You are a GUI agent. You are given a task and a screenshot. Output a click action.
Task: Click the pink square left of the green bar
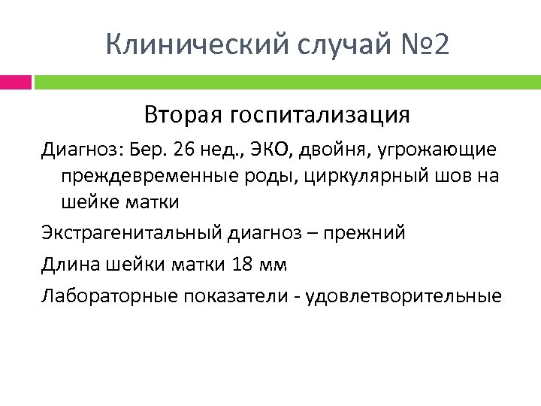pos(16,81)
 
